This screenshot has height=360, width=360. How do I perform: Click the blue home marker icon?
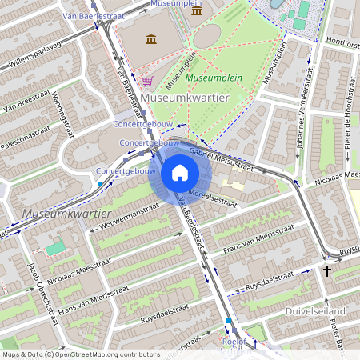pos(180,173)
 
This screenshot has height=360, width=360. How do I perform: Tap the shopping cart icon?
pos(147,80)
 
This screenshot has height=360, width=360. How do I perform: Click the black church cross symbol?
pos(327,272)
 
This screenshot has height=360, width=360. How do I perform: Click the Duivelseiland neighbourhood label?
pos(314,310)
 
